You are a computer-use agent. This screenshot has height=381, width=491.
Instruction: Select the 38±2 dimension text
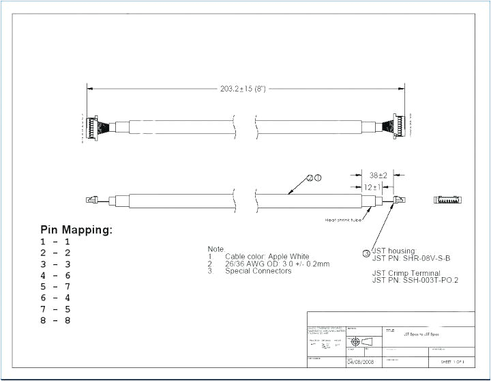378,175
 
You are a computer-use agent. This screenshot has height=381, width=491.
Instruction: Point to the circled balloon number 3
366,254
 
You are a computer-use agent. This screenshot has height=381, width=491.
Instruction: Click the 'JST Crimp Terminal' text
406,272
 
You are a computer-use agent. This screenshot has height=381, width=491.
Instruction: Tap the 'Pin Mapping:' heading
76,230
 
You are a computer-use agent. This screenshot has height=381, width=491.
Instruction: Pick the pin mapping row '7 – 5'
55,309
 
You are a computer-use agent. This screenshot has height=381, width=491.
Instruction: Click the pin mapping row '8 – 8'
55,320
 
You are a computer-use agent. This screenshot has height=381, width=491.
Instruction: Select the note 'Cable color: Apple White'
267,256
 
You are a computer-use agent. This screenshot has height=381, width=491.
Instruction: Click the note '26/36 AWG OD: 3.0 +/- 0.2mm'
277,264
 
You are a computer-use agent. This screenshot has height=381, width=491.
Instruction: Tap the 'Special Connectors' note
258,271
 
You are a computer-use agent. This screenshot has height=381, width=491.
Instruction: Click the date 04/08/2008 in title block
362,362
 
